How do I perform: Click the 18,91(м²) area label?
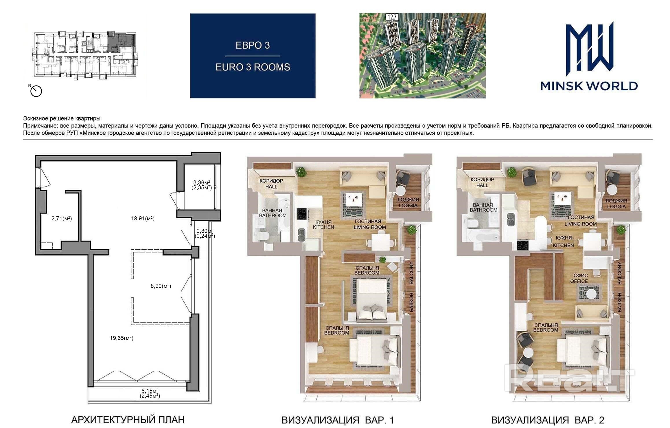point(143,219)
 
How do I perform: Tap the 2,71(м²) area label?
point(62,219)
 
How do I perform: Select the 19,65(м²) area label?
point(122,338)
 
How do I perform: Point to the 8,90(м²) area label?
point(161,286)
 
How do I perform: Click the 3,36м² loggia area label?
point(202,182)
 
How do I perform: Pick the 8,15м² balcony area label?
point(150,390)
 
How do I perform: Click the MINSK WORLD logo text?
point(589,86)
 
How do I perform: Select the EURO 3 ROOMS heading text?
point(253,67)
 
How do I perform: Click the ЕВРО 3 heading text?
point(253,45)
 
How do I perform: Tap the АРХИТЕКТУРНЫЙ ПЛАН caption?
point(128,419)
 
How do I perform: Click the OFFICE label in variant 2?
point(579,281)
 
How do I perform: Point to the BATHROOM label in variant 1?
point(273,215)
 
